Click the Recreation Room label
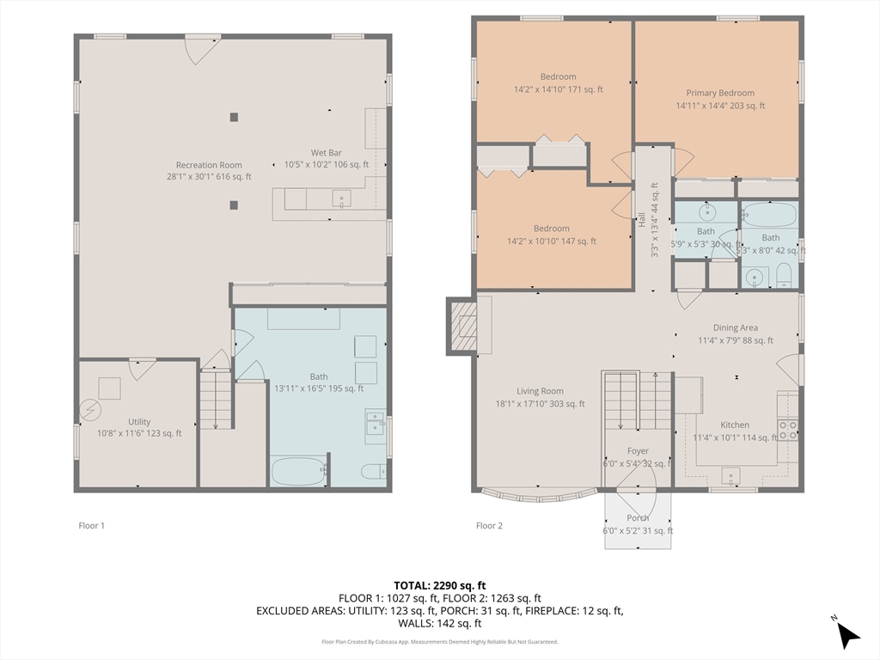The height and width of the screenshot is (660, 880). [x=209, y=165]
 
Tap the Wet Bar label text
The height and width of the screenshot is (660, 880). [x=326, y=153]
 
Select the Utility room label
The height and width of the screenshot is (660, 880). [x=139, y=422]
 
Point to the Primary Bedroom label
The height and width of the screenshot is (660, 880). [x=720, y=93]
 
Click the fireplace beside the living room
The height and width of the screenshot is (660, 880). [x=461, y=325]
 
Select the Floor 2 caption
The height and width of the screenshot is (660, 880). [x=489, y=525]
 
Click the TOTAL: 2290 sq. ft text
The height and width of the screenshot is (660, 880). [x=440, y=584]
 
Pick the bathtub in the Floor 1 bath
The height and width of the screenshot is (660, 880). [x=298, y=472]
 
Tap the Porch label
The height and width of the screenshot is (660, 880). [x=638, y=518]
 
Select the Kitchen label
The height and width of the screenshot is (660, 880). [x=735, y=425]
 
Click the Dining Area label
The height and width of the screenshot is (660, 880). [x=735, y=327]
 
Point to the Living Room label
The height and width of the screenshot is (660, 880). [x=540, y=391]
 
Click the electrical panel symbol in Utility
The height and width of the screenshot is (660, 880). [x=89, y=411]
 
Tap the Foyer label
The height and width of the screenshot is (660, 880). [x=638, y=451]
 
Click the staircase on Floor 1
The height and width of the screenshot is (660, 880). [x=215, y=398]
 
